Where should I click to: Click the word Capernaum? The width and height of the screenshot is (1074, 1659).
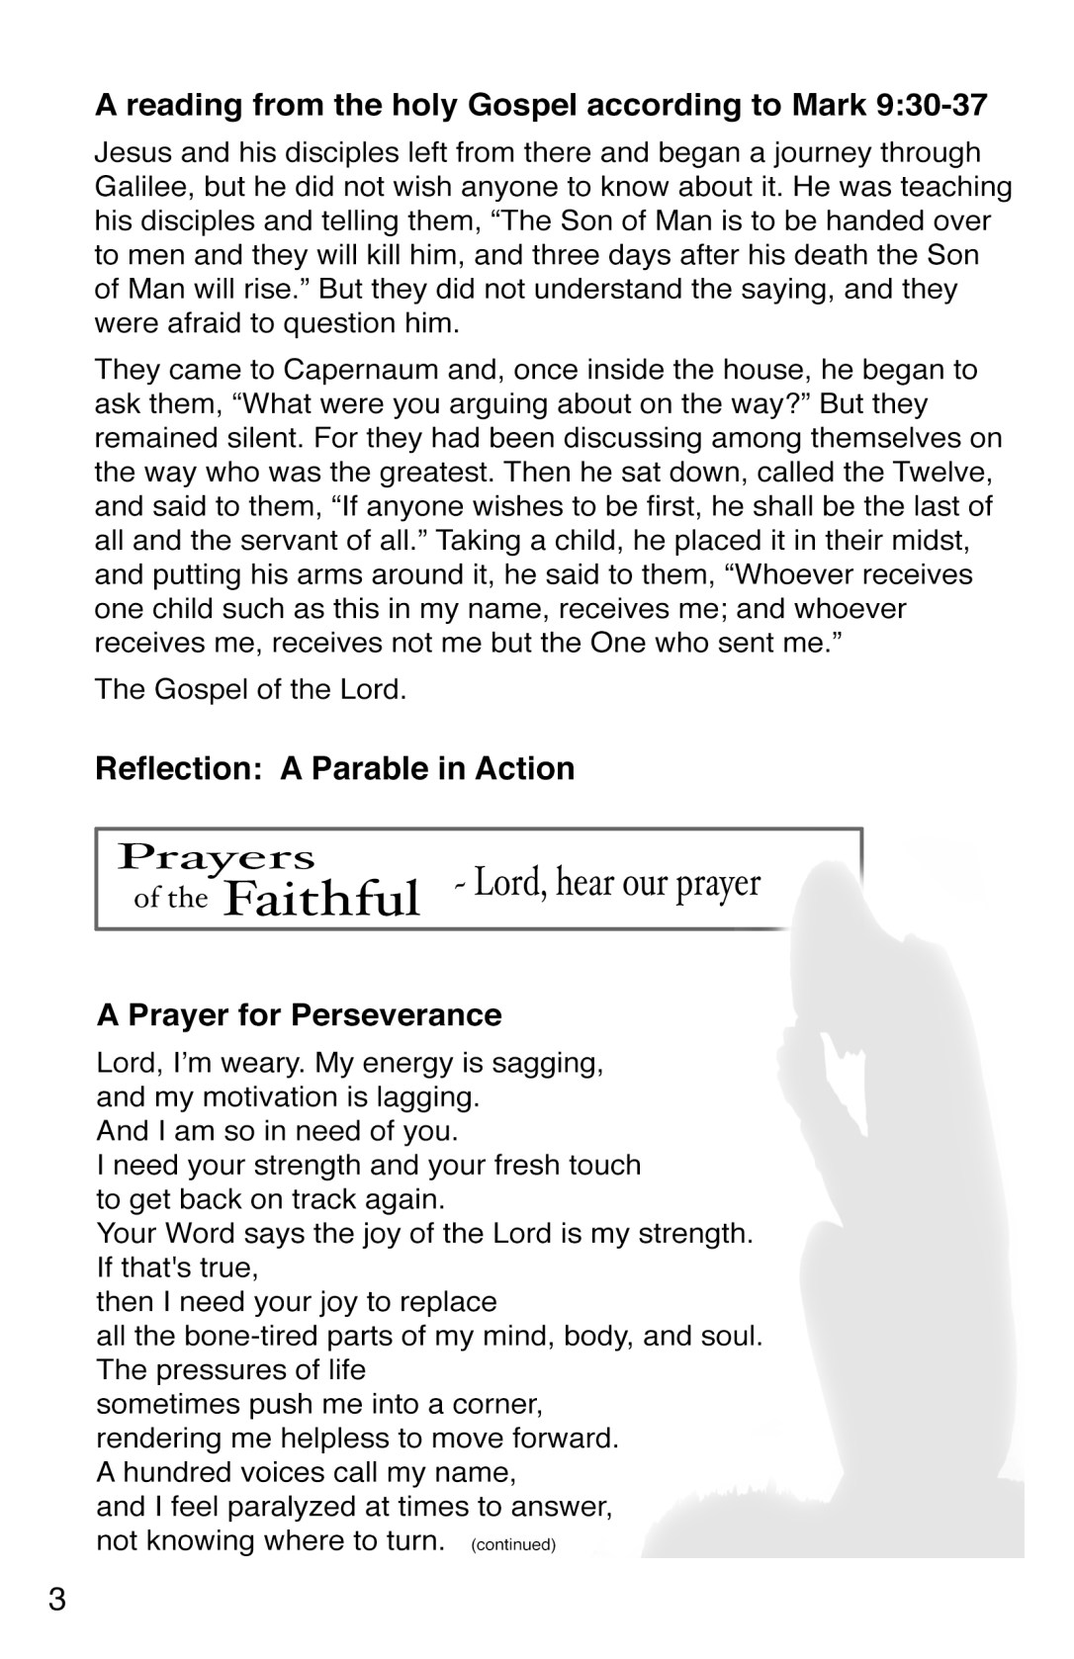coord(353,370)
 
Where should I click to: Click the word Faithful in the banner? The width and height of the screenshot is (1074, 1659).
coord(322,898)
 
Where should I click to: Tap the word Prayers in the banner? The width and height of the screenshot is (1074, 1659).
coord(216,856)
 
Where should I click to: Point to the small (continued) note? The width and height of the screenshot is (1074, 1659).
coord(513,1544)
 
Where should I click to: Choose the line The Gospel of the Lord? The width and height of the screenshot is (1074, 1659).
coord(250,688)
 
